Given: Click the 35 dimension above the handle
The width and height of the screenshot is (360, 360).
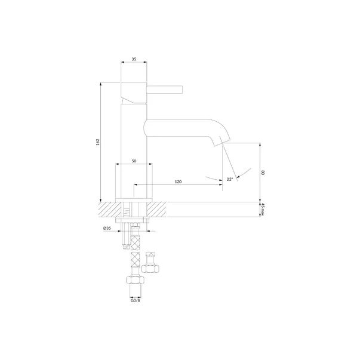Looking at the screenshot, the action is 134,59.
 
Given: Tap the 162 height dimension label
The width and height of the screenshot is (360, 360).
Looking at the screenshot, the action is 98,142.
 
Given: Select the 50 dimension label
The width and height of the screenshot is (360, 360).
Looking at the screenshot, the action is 134,161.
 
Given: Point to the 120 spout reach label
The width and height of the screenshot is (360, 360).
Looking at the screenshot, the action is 178,181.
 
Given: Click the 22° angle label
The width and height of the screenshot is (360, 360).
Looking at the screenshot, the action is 230,179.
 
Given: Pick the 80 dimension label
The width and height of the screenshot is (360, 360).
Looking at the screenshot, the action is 263,173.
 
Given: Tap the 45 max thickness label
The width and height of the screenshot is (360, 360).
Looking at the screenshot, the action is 263,209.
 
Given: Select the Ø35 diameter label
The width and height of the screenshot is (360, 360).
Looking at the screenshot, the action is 107,228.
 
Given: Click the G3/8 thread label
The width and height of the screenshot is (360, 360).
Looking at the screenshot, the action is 136,300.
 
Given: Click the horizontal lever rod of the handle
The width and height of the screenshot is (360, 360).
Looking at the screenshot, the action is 165,90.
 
